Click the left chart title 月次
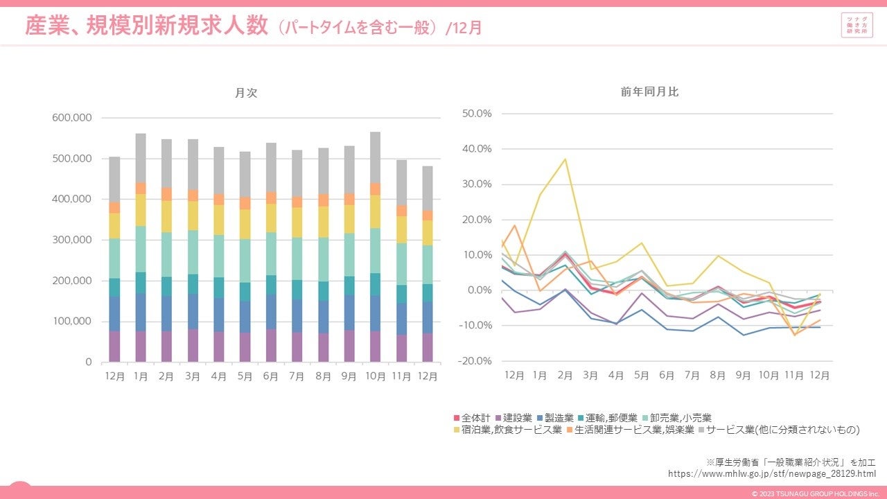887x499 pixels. pos(247,93)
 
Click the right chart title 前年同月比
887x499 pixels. pos(649,92)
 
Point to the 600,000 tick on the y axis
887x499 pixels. pos(72,118)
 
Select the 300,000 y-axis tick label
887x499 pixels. pos(72,240)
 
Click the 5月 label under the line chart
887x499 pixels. pos(642,375)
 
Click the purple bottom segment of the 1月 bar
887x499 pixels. pos(141,347)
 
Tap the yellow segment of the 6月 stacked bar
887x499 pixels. pos(271,218)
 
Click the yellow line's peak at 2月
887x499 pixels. pos(565,159)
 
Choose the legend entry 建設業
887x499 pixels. pos(517,418)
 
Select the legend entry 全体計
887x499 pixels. pos(475,418)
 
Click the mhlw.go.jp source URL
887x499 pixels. pos(771,473)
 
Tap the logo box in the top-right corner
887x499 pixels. pos(856,26)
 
